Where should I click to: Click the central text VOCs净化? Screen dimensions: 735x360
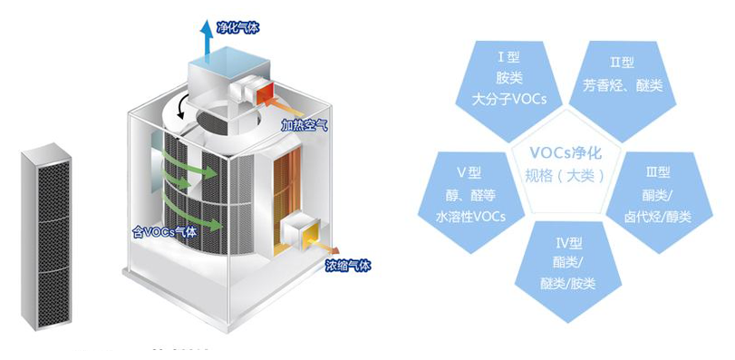tap(564, 153)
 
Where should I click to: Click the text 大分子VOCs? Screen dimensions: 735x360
tap(511, 99)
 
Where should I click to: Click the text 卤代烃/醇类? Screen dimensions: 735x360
tap(658, 216)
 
